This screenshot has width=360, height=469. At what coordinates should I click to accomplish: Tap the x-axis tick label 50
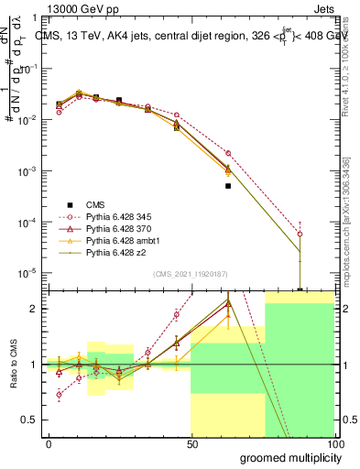[x=191, y=443]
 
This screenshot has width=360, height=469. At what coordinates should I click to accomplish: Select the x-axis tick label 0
[x=49, y=443]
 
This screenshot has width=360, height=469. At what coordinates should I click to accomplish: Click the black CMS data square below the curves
[x=228, y=186]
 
